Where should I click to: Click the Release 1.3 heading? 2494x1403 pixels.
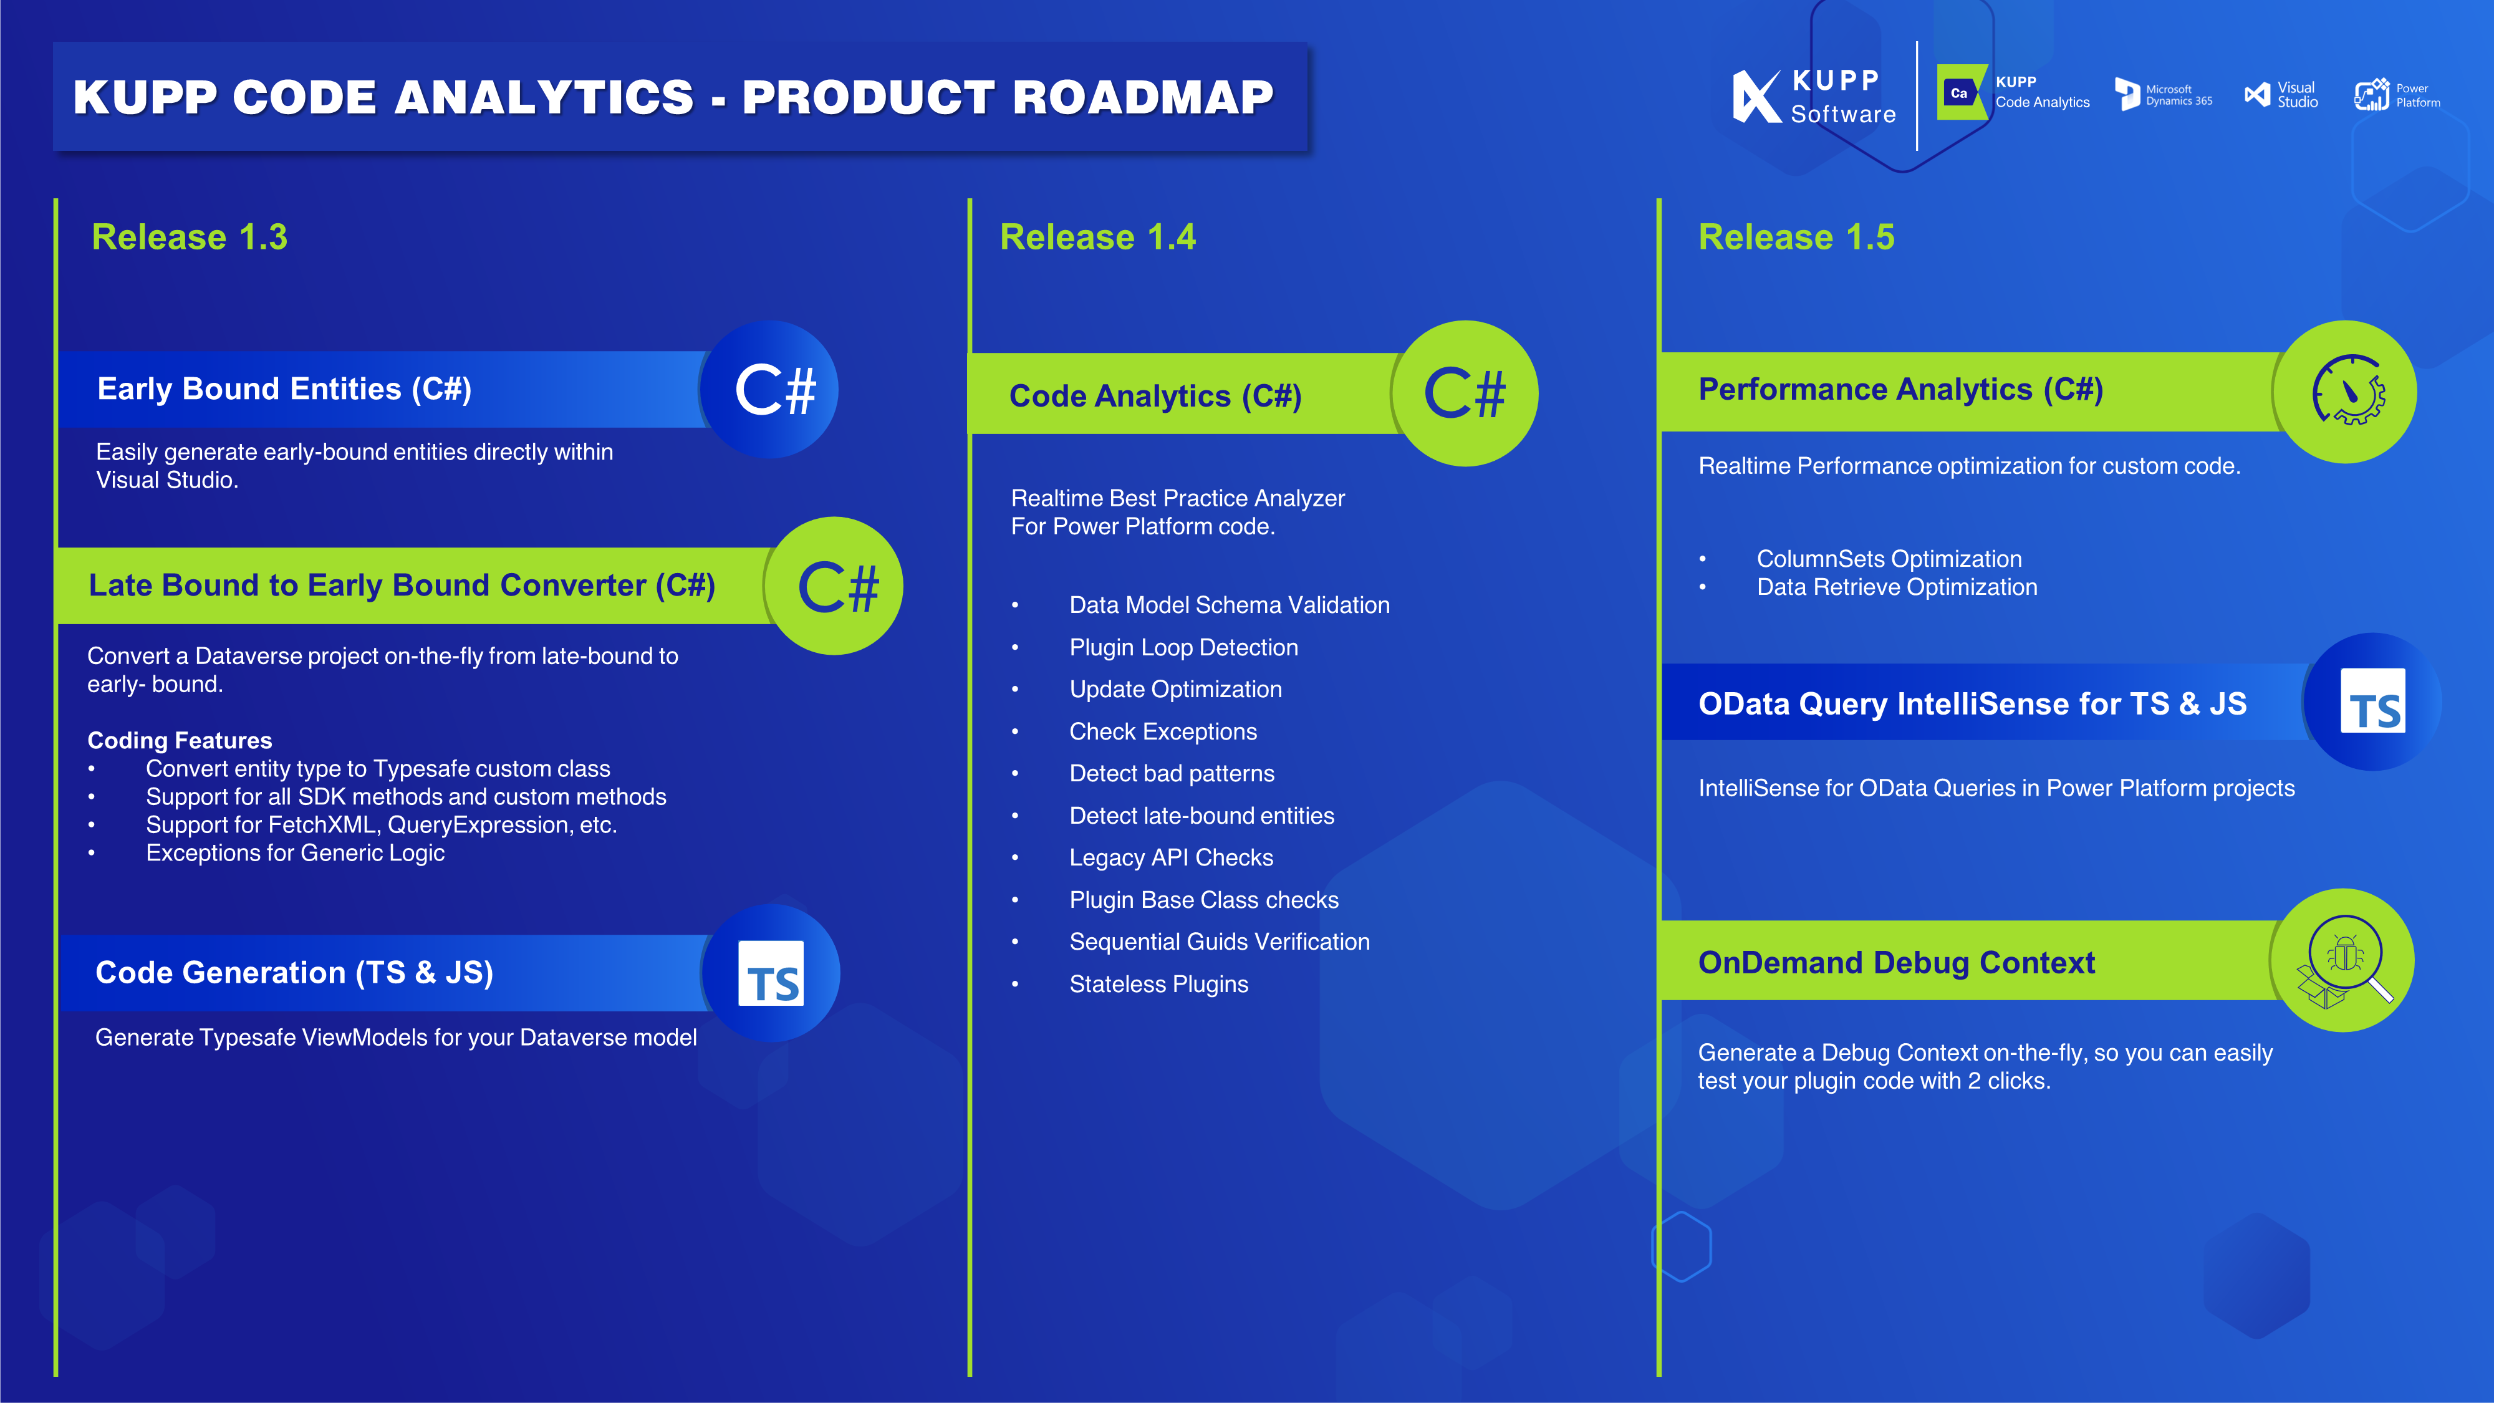(x=189, y=237)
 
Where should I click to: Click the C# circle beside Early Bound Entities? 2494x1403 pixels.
(x=772, y=389)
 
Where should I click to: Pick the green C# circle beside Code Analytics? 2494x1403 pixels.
(x=1464, y=393)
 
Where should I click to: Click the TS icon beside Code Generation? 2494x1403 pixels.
(x=772, y=974)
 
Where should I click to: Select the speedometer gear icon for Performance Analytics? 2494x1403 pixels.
(x=2347, y=391)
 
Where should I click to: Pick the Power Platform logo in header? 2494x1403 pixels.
(x=2397, y=95)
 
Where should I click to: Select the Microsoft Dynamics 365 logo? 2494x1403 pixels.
(x=2163, y=95)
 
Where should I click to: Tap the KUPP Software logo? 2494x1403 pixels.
(x=1813, y=96)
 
